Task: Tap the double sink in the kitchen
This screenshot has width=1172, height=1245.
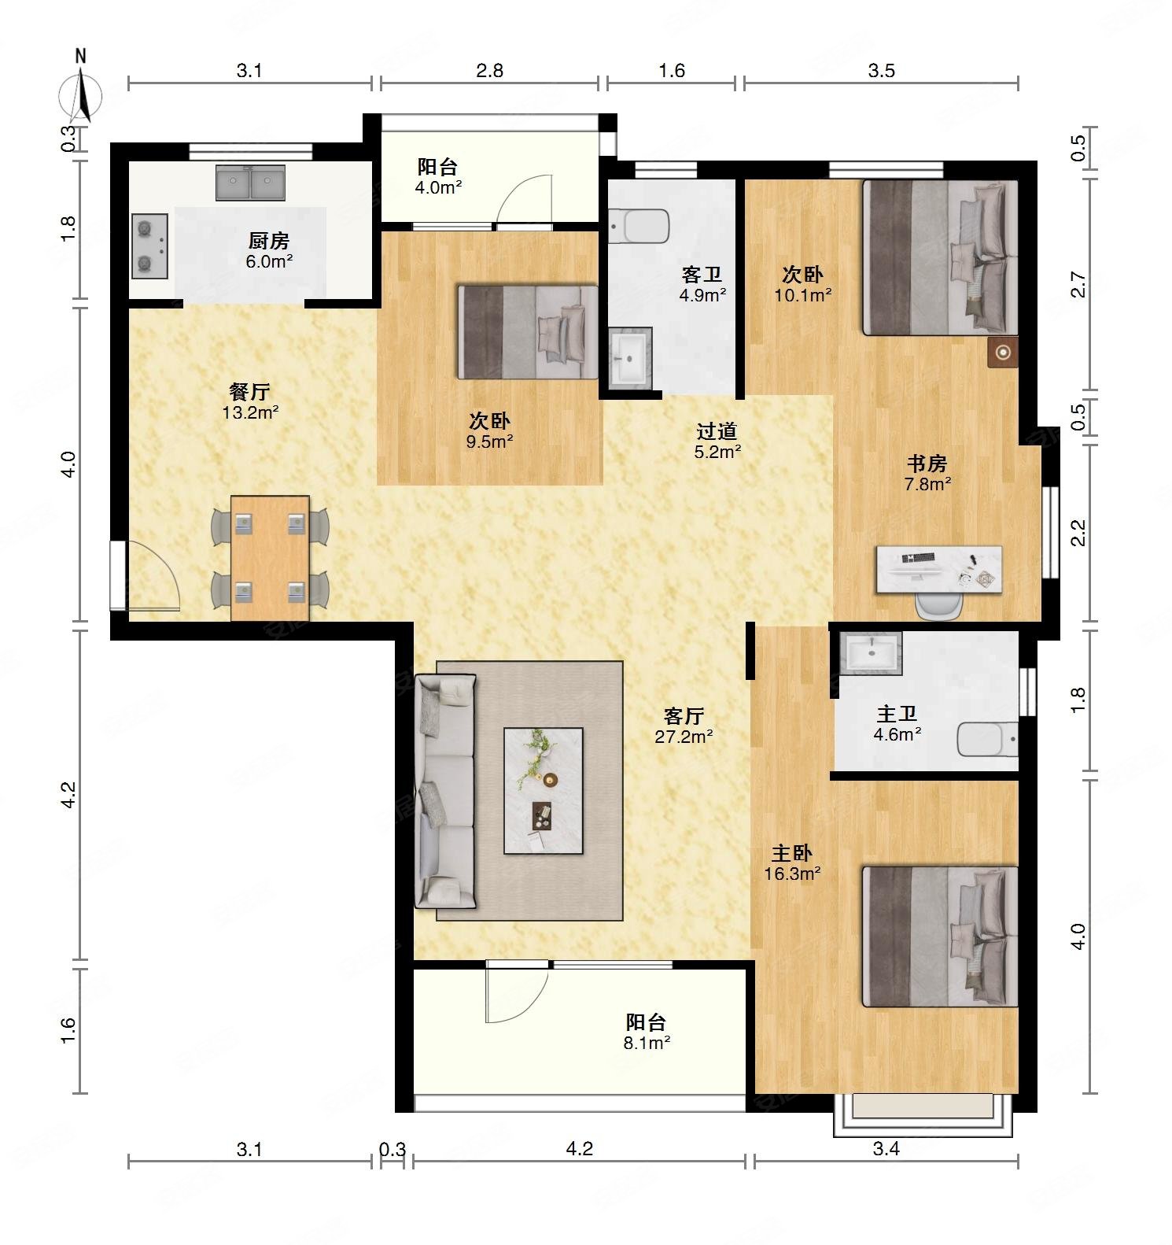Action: [250, 183]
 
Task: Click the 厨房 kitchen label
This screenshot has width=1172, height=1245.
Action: [268, 241]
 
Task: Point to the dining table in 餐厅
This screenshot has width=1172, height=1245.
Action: [270, 558]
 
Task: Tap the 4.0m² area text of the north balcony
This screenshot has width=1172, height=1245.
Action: [438, 188]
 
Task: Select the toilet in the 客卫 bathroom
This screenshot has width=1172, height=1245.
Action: [639, 226]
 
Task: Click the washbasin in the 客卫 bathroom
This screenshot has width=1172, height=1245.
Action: [630, 358]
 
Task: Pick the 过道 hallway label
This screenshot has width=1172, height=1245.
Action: [717, 431]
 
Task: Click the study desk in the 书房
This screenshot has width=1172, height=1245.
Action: [939, 569]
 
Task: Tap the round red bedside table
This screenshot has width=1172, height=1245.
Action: [1003, 353]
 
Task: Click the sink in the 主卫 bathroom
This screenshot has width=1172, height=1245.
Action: [870, 653]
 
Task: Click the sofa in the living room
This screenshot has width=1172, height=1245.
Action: [445, 792]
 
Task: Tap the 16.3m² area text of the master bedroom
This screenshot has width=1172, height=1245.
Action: [793, 873]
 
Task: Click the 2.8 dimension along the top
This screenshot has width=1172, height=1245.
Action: [489, 70]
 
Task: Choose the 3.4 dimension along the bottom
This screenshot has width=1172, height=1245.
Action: [886, 1148]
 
